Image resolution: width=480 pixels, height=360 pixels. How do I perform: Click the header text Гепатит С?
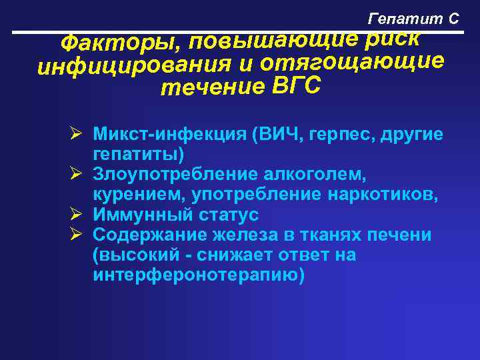(414, 19)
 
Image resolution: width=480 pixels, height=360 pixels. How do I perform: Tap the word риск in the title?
(393, 38)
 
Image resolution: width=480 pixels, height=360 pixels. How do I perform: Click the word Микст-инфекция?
(170, 133)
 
